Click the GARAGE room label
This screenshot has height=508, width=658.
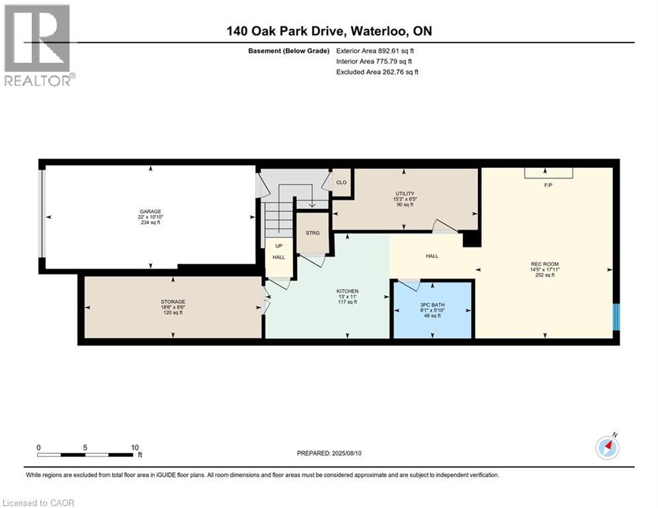149,212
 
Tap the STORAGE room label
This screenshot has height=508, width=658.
173,302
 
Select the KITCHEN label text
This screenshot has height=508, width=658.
347,291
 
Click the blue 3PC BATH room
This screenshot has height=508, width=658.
432,310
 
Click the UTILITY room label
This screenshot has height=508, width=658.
405,194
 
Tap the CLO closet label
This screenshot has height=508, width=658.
341,182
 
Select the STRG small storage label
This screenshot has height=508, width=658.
312,233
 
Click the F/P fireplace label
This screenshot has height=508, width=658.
548,185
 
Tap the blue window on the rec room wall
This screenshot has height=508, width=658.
616,317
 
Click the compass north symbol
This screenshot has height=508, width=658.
606,448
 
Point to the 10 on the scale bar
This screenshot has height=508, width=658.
134,447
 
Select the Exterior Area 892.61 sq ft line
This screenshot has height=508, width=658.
375,50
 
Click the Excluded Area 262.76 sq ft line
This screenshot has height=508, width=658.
377,72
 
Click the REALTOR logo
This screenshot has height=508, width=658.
38,45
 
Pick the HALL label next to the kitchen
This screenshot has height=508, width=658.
431,256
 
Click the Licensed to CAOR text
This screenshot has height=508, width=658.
38,503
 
